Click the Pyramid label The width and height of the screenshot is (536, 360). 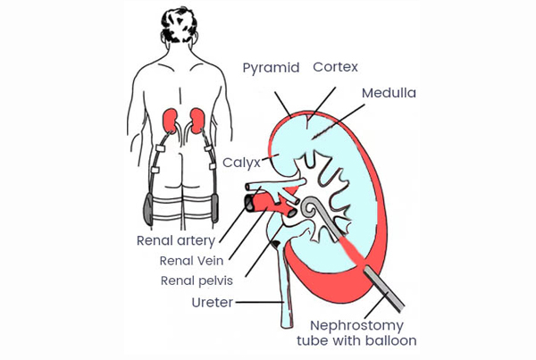[271, 68]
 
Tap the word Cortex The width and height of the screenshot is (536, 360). [335, 67]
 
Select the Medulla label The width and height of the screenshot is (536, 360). [389, 93]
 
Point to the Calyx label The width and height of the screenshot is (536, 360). [242, 163]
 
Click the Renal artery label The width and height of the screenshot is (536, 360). [176, 240]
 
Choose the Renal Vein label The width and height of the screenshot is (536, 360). [191, 261]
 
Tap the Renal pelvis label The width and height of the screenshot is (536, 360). [197, 281]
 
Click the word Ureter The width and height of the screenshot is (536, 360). [213, 303]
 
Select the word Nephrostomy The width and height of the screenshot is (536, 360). [356, 326]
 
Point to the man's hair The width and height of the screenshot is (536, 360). [179, 25]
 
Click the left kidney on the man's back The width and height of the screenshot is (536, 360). [170, 121]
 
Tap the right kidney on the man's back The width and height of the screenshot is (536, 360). [197, 121]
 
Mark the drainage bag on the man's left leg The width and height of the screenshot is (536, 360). [148, 208]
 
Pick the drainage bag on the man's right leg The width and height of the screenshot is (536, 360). [214, 207]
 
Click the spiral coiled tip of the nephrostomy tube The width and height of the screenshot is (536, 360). [310, 208]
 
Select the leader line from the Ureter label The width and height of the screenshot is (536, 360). [259, 302]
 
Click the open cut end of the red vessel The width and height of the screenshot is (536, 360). [250, 203]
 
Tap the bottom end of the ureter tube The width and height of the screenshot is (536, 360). [287, 325]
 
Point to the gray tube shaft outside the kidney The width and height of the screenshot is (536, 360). [383, 289]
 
